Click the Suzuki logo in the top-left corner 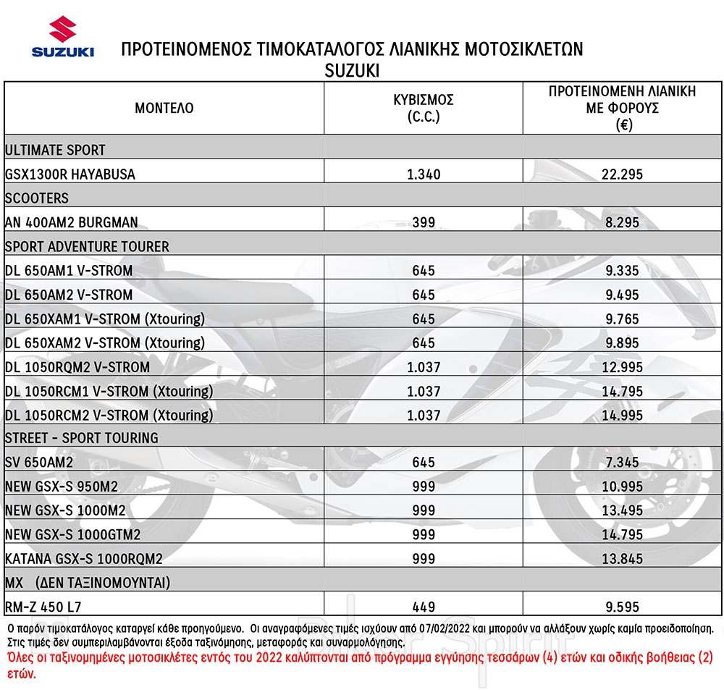click(x=62, y=40)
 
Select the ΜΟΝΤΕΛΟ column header click(x=164, y=109)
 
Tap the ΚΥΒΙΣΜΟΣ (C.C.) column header click(x=423, y=109)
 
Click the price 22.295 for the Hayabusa click(x=622, y=174)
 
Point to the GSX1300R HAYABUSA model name click(x=70, y=174)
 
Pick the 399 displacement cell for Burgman click(x=423, y=222)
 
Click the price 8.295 click(x=622, y=222)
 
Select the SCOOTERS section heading click(x=37, y=198)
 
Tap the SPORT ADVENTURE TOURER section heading click(x=87, y=246)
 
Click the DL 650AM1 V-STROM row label click(x=69, y=271)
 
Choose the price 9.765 click(x=622, y=319)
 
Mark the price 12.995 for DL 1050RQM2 click(x=622, y=367)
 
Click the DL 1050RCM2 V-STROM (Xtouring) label click(x=109, y=415)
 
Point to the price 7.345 click(x=622, y=463)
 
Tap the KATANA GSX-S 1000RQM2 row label click(x=83, y=559)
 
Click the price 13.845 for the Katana click(x=622, y=559)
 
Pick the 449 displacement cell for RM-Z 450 click(x=423, y=607)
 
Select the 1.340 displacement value click(x=423, y=174)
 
